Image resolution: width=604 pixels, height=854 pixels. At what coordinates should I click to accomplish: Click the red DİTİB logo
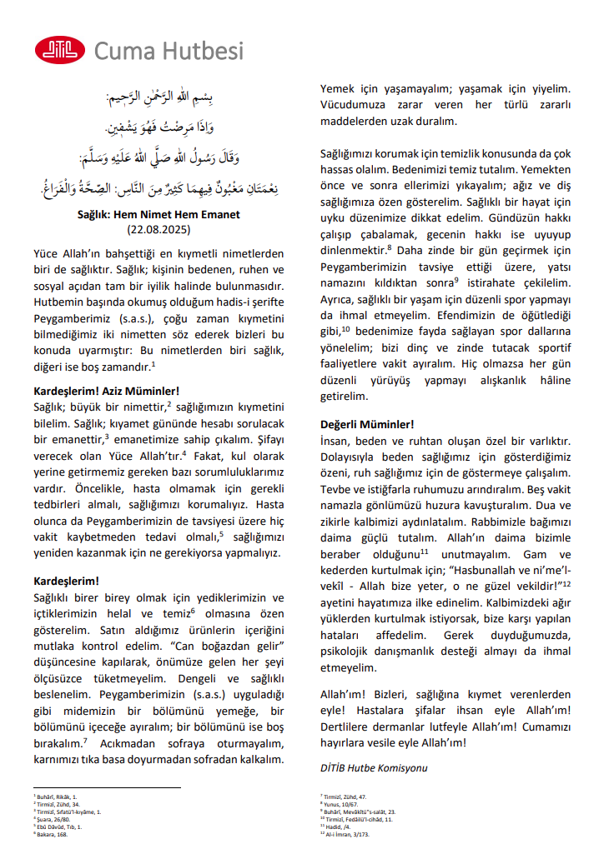pyautogui.click(x=59, y=50)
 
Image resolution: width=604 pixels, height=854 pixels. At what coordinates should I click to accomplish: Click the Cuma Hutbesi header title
pyautogui.click(x=169, y=51)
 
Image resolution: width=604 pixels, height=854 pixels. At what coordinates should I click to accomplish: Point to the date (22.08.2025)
pyautogui.click(x=159, y=228)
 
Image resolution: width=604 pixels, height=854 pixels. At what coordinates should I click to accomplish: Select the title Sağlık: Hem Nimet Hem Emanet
pyautogui.click(x=159, y=214)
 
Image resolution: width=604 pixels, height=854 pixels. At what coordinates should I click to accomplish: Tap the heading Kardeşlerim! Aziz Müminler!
pyautogui.click(x=106, y=390)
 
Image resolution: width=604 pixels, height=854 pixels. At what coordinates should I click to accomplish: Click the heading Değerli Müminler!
pyautogui.click(x=367, y=423)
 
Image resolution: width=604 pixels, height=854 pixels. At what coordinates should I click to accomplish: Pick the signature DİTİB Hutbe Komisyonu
pyautogui.click(x=374, y=767)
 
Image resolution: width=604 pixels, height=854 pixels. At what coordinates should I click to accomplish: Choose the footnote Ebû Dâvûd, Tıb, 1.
pyautogui.click(x=56, y=826)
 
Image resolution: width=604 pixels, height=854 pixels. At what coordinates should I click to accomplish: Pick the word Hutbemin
pyautogui.click(x=58, y=301)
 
